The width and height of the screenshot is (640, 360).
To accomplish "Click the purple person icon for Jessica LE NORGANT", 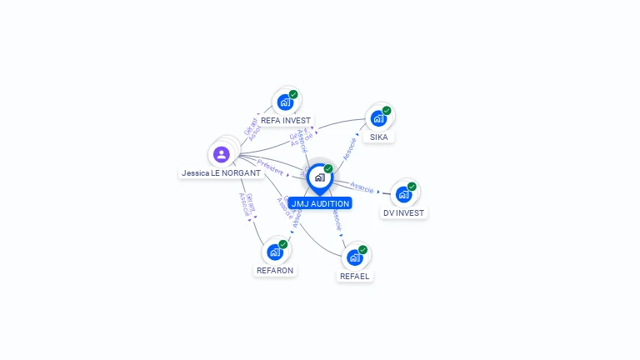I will coord(221,154).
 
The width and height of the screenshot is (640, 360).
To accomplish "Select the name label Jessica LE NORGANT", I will coord(215,173).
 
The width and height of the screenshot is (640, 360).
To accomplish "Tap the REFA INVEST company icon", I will coord(285,102).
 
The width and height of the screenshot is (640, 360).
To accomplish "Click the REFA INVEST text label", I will coord(286,121).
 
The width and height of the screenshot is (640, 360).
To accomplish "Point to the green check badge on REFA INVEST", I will coord(293,94).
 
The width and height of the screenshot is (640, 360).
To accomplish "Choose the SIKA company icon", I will coord(379,118).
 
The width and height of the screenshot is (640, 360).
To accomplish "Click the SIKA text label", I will coord(379,137).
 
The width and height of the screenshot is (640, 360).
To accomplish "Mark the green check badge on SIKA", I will coord(387,110).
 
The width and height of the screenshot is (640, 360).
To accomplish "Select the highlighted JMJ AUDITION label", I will coord(320,203).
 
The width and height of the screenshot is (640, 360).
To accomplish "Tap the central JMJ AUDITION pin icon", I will coord(320,177).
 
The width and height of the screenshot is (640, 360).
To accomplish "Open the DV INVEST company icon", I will coord(404,194).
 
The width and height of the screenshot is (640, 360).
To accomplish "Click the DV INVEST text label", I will coord(404,213).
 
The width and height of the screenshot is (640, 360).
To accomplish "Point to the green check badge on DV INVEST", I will coord(412,187).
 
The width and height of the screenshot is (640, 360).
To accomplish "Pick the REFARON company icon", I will coord(275,252).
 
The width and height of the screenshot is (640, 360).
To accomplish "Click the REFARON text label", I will coord(275,271).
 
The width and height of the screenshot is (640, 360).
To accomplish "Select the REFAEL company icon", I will coord(355,257).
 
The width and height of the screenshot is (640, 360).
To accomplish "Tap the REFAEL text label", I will coord(355,276).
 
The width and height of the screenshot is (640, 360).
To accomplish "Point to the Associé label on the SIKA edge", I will coord(350,148).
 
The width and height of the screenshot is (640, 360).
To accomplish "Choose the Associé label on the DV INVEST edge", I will coord(362,186).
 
